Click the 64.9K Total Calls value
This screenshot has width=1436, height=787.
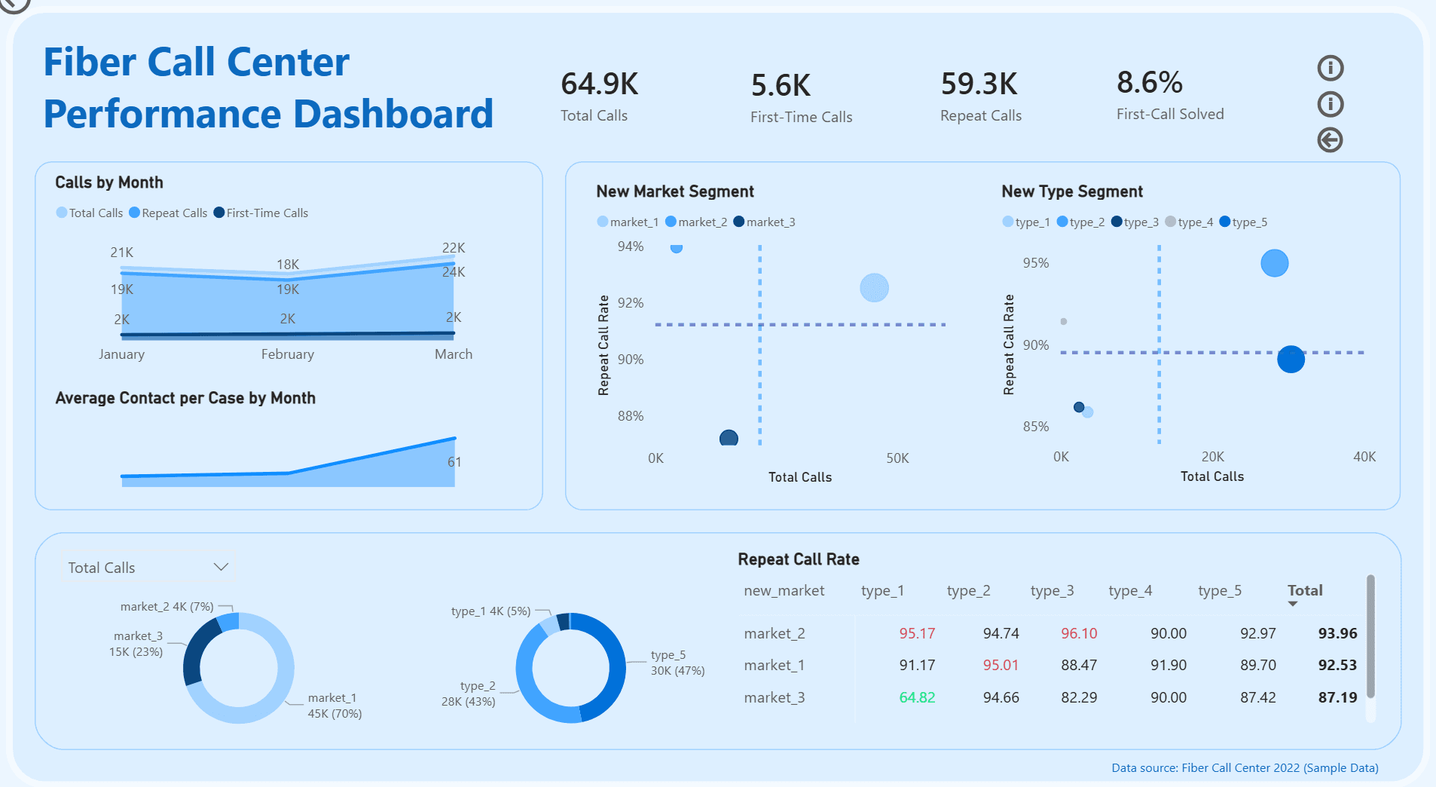click(x=599, y=84)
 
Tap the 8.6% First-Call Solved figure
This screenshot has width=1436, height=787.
click(x=1149, y=83)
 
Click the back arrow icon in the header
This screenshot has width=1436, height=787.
click(x=1330, y=140)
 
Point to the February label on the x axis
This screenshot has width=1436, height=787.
click(x=287, y=354)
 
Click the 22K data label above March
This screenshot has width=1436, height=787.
click(x=454, y=248)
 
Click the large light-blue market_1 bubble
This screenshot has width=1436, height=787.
click(x=874, y=288)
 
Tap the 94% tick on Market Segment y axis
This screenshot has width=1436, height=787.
click(x=631, y=247)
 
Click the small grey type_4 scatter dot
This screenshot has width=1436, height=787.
click(x=1063, y=322)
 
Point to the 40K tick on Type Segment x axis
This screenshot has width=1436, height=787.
click(x=1364, y=457)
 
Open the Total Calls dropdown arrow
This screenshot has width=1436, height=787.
click(x=221, y=567)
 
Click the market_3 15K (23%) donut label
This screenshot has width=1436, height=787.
click(x=137, y=644)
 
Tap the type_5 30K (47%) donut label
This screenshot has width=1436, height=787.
click(x=677, y=663)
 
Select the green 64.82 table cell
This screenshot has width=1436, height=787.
click(x=916, y=697)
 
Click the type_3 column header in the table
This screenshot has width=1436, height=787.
click(x=1052, y=591)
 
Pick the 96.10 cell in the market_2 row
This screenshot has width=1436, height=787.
click(x=1078, y=634)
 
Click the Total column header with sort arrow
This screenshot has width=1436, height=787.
click(x=1304, y=591)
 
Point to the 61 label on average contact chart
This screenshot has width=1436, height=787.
click(x=454, y=462)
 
